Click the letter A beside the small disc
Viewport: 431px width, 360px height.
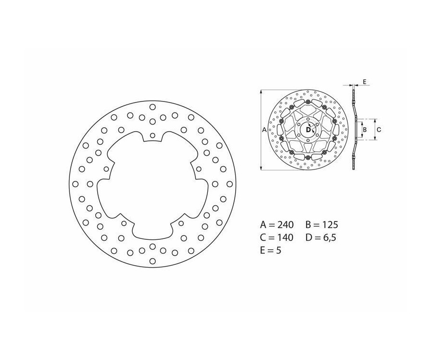click(264, 129)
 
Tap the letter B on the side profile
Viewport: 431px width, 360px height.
click(365, 129)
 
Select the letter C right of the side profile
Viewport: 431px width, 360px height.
click(378, 129)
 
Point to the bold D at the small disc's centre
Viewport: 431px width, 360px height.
click(308, 129)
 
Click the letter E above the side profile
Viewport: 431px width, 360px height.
click(364, 82)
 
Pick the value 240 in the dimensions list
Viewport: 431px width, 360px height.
click(285, 224)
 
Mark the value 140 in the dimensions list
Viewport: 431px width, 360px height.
click(285, 237)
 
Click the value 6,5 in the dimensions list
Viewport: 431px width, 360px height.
click(329, 237)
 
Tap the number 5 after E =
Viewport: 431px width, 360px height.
click(278, 250)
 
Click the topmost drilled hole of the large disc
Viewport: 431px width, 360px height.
click(152, 107)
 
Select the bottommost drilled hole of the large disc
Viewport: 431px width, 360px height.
click(152, 261)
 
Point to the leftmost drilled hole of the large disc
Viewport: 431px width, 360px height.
click(75, 184)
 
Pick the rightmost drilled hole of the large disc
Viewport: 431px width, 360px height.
click(229, 184)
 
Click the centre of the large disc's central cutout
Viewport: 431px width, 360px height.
click(152, 184)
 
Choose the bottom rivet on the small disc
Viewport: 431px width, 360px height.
click(308, 157)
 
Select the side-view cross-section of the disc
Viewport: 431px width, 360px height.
click(354, 129)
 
